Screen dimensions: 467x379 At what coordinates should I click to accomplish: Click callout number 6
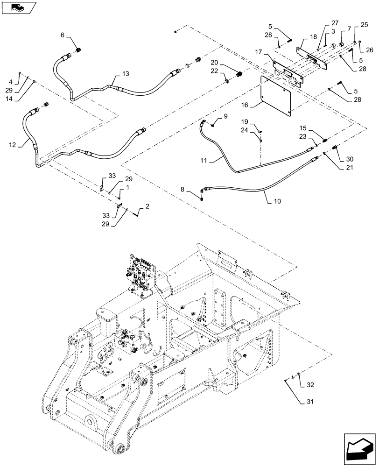[62, 35]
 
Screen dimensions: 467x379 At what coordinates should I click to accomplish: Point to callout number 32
[310, 385]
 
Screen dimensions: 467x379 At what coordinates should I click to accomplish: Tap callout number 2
[147, 206]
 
